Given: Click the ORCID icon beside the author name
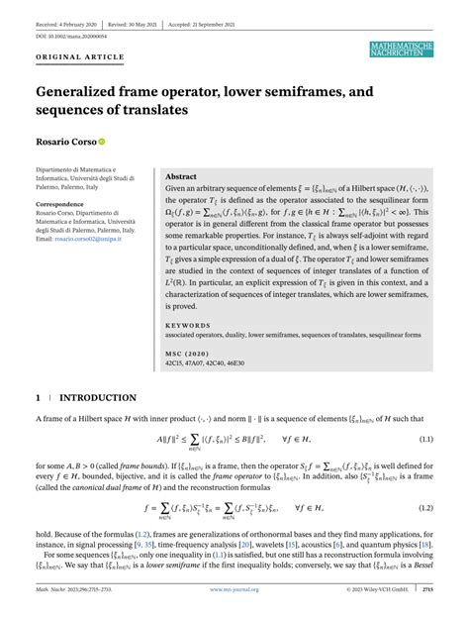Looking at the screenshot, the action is pyautogui.click(x=101, y=141).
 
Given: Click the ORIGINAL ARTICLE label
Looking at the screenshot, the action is pyautogui.click(x=72, y=57).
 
